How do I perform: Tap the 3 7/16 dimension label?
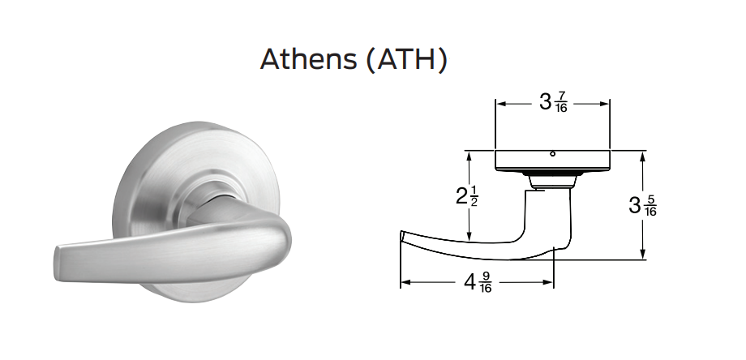[553, 103]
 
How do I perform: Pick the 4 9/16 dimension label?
[478, 283]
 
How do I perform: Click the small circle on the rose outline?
[551, 153]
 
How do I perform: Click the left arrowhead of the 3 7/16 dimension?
[499, 104]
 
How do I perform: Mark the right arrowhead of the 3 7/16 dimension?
[605, 104]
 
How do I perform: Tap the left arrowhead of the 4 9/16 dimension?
[405, 283]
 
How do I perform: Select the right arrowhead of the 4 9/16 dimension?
[549, 283]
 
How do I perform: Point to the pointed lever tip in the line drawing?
[404, 236]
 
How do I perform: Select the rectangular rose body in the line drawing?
[552, 160]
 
